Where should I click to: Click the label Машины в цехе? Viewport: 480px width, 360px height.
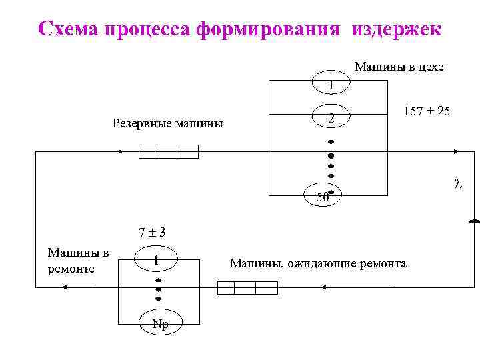pyautogui.click(x=399, y=67)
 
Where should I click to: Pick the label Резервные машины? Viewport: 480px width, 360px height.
pyautogui.click(x=168, y=123)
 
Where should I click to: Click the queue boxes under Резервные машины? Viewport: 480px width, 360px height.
pyautogui.click(x=168, y=151)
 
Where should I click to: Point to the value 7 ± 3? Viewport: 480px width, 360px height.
pyautogui.click(x=152, y=233)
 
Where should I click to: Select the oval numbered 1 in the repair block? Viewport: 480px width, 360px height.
pyautogui.click(x=155, y=260)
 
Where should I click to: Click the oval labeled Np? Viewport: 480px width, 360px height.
pyautogui.click(x=160, y=324)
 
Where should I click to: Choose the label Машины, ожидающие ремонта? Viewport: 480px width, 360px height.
pyautogui.click(x=317, y=263)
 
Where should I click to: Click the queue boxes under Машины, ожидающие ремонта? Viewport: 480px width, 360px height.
pyautogui.click(x=247, y=287)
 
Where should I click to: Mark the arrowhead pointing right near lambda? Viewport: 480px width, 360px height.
pyautogui.click(x=455, y=152)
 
